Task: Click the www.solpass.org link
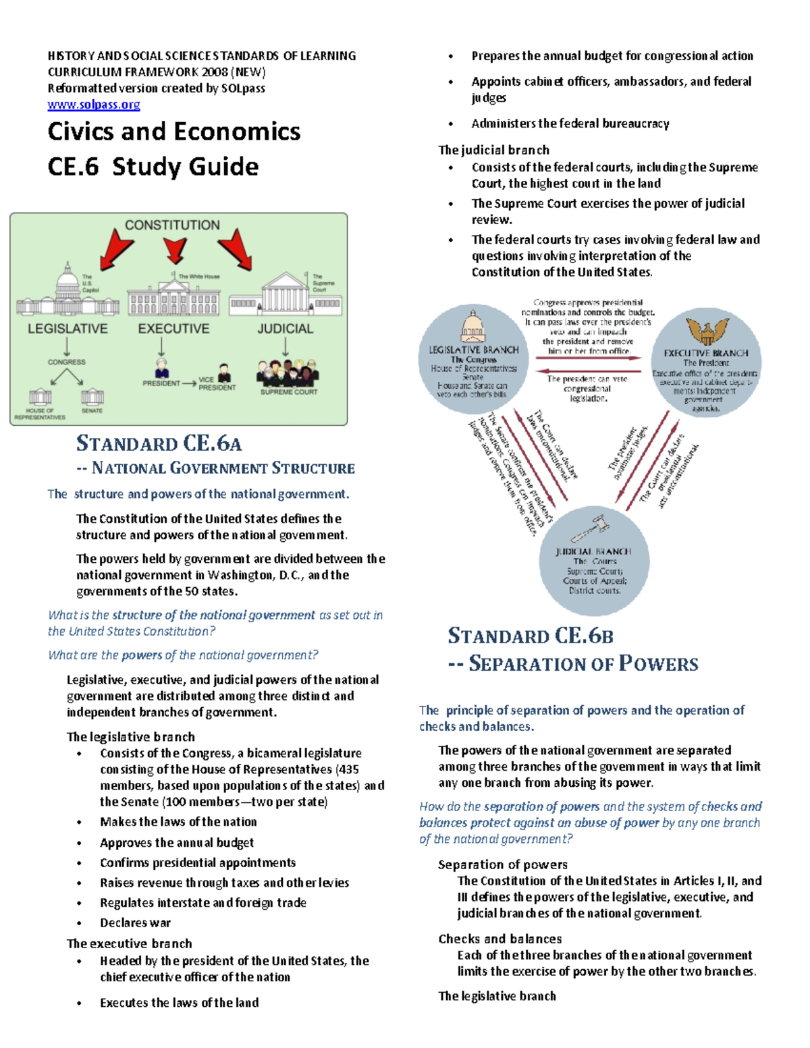point(94,105)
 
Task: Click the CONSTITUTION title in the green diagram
point(172,225)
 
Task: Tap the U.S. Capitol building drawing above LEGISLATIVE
point(67,292)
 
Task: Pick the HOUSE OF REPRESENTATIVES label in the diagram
point(40,414)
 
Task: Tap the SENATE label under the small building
point(92,410)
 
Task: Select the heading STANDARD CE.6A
point(159,443)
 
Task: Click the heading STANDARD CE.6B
point(531,636)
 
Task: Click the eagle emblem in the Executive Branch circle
point(707,331)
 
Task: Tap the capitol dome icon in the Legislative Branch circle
point(473,327)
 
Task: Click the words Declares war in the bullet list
point(135,922)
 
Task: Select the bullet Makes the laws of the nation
point(178,822)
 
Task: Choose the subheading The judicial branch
point(493,150)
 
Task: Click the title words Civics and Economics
point(174,132)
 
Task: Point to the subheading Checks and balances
point(500,939)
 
